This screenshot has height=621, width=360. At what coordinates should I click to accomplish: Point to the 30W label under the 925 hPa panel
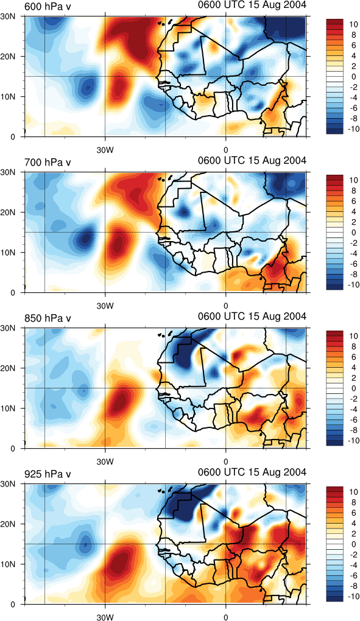click(x=105, y=617)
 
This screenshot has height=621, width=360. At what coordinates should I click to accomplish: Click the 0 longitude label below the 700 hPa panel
click(x=226, y=306)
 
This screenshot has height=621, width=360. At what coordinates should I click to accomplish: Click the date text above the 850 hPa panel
click(x=252, y=317)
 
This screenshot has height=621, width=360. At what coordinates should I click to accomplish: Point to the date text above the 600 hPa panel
click(x=252, y=5)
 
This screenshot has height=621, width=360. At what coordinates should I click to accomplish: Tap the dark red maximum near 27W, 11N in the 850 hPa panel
click(x=119, y=400)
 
